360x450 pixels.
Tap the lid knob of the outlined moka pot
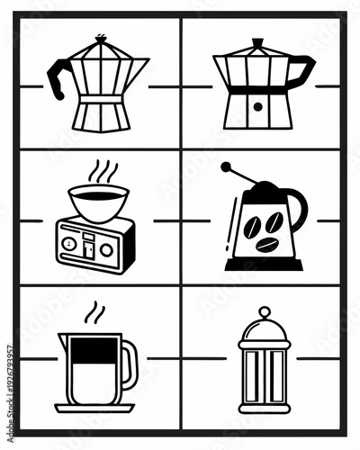point(99,37)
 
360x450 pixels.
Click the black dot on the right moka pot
point(257,106)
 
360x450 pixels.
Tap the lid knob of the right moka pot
point(257,41)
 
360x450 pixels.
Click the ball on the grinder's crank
point(225,166)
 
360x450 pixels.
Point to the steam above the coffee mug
point(94,314)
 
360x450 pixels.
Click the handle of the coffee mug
point(130,364)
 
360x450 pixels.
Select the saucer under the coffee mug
point(94,407)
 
